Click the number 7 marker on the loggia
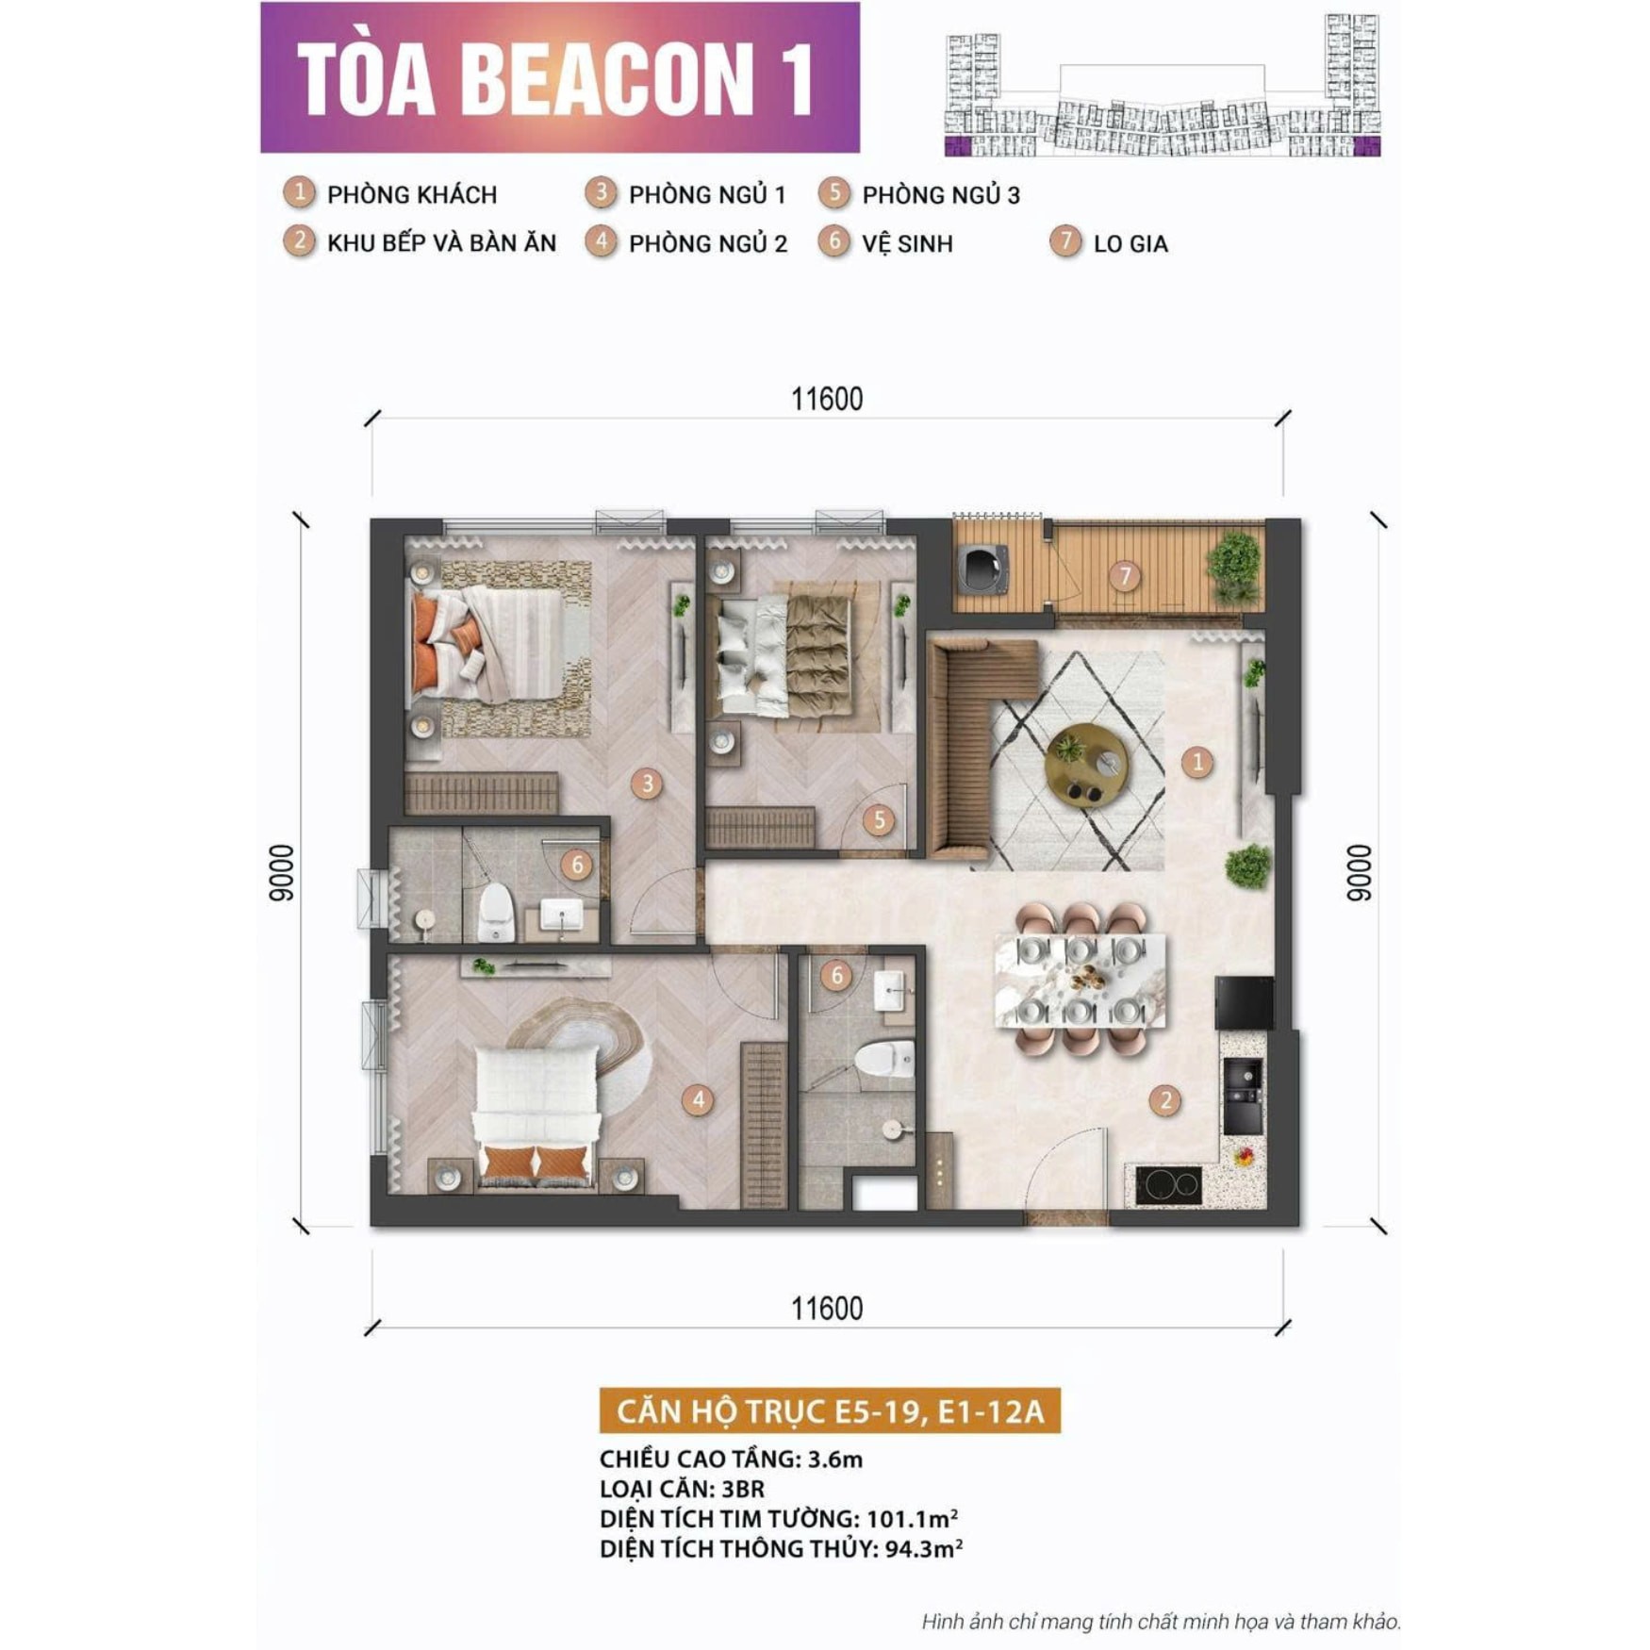tap(1123, 575)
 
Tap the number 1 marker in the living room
tap(1196, 762)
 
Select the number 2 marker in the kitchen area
tap(1165, 1100)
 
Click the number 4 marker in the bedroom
tap(698, 1099)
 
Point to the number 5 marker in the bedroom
tap(879, 820)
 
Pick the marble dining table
tap(1080, 981)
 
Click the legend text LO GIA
tap(1130, 244)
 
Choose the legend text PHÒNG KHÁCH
tap(411, 195)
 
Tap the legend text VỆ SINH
tap(907, 244)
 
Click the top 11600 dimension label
tap(827, 400)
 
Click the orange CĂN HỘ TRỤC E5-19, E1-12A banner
tap(830, 1411)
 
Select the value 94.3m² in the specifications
tap(923, 1549)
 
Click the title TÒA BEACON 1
tap(556, 78)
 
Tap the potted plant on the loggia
tap(1234, 567)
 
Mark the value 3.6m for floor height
tap(834, 1460)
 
